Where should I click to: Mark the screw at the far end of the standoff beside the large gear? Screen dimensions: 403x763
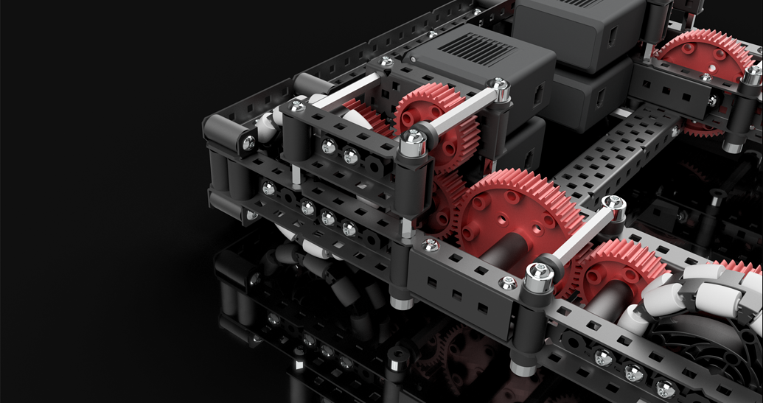(611, 203)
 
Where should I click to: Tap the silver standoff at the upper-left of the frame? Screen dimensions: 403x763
(346, 88)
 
